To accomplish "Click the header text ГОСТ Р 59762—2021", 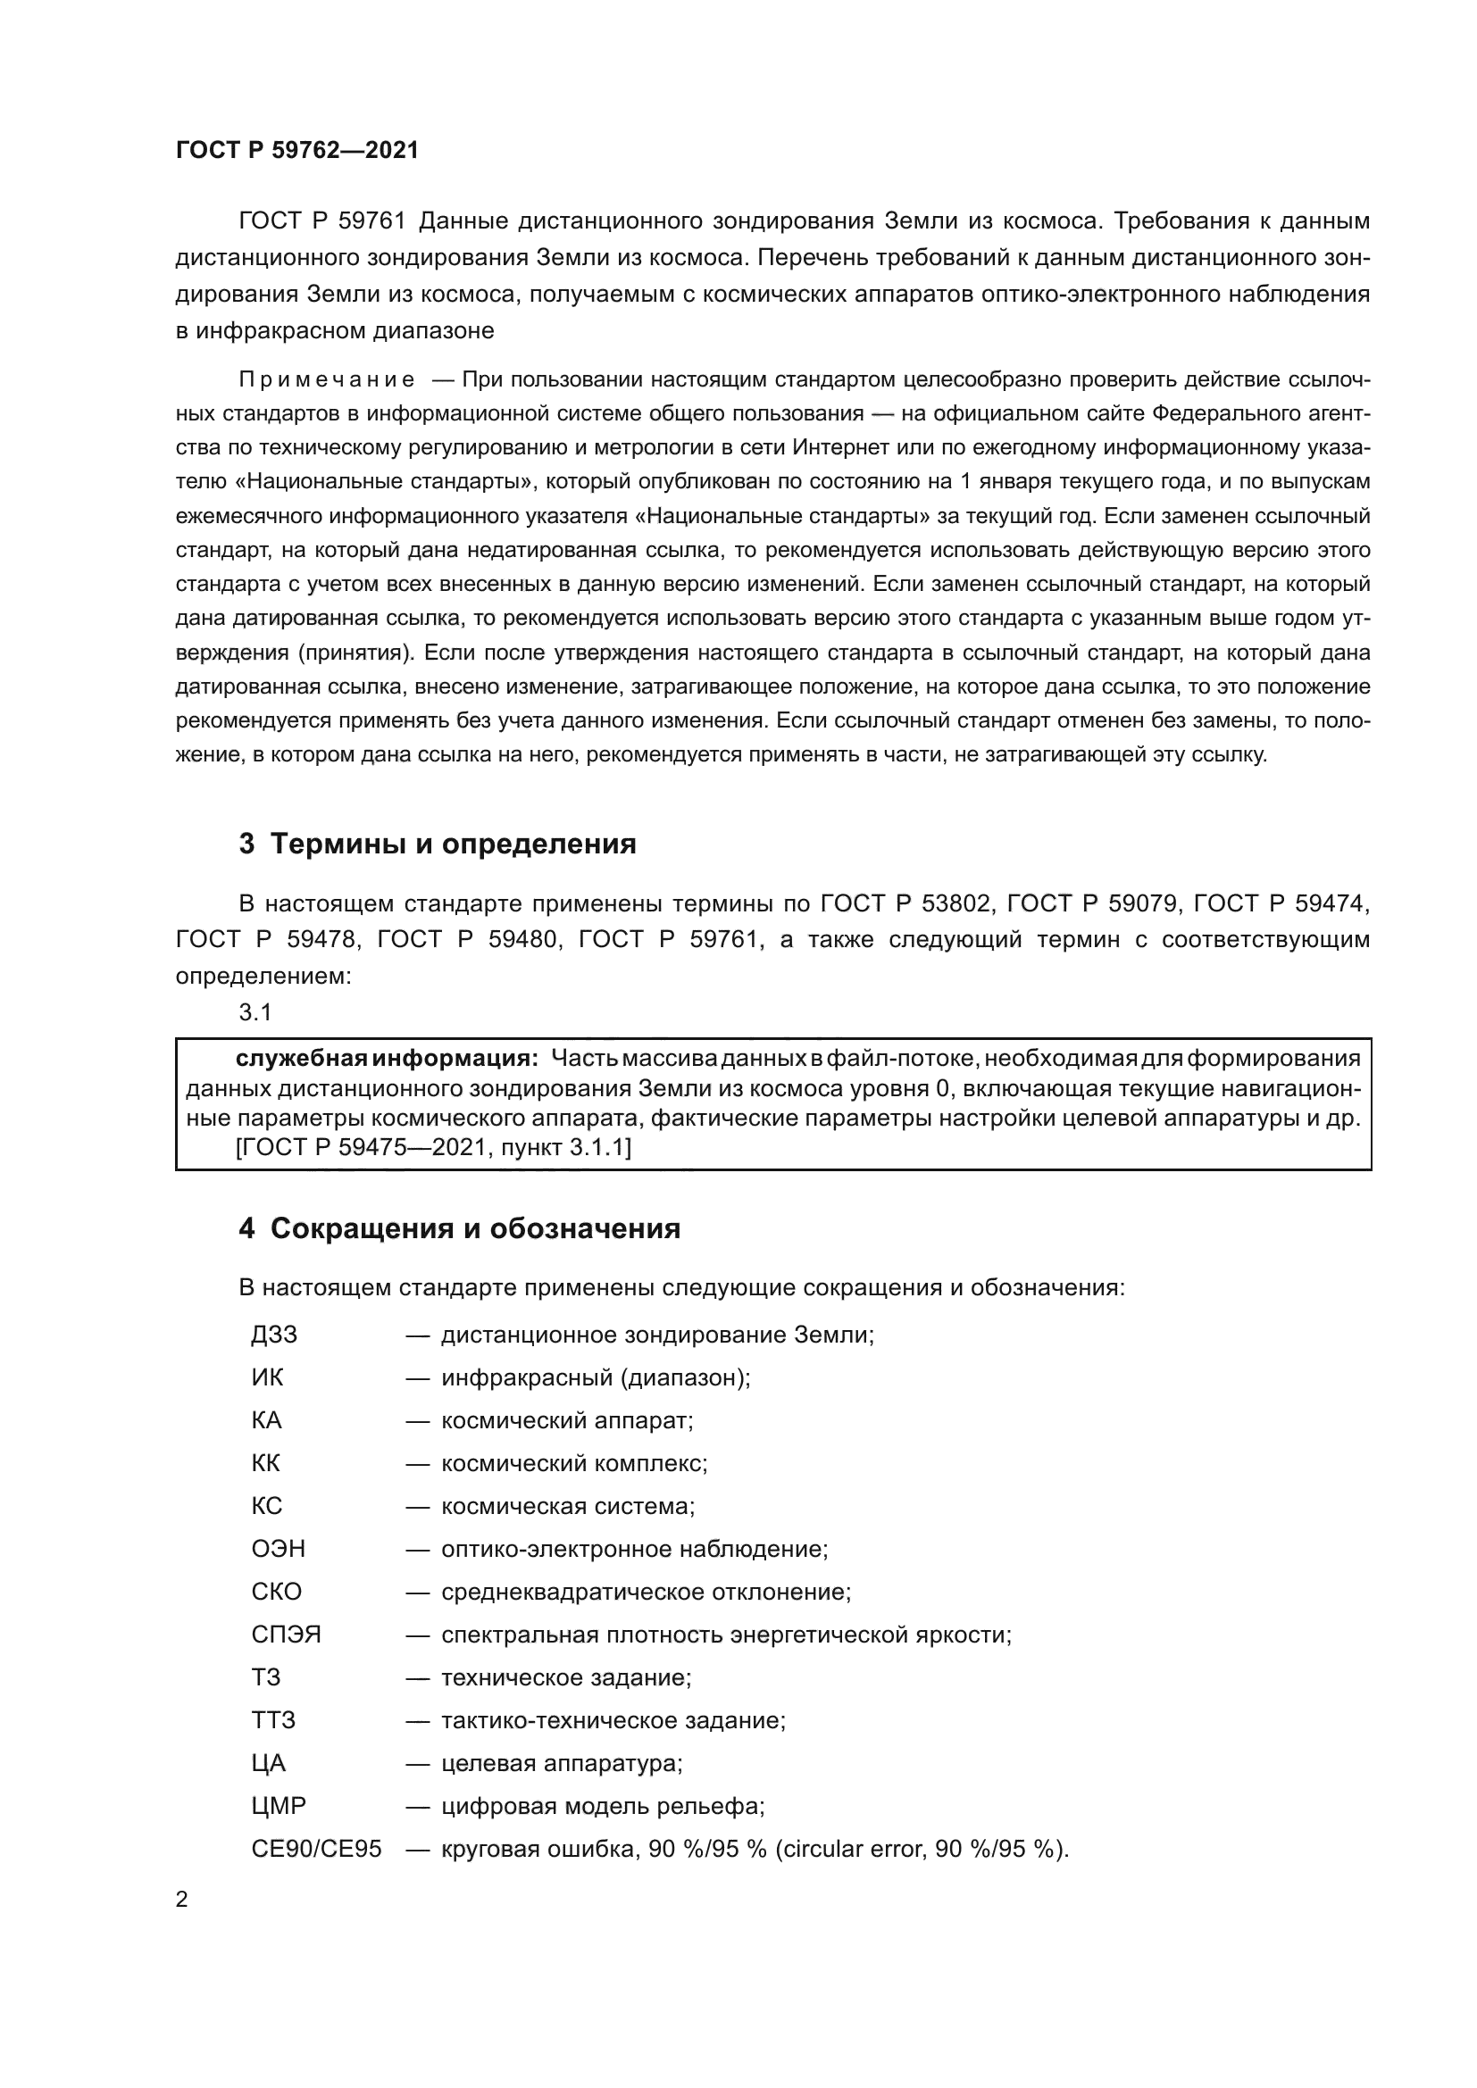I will tap(297, 150).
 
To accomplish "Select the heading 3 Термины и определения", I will tap(438, 844).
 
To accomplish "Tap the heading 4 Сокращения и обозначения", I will tap(459, 1228).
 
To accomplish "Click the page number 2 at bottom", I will tap(182, 1900).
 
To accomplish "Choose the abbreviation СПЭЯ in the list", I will tap(286, 1635).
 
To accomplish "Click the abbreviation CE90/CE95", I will tap(316, 1849).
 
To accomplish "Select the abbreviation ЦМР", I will tap(279, 1806).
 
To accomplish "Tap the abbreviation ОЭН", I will tap(279, 1549).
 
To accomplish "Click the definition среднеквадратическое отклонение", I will tap(645, 1593).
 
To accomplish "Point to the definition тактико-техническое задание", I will tap(612, 1720).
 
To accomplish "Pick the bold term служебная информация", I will tap(387, 1059).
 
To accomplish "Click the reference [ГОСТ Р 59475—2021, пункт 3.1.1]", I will tap(433, 1148).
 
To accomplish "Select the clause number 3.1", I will tap(255, 1012).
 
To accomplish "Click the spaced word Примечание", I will tap(327, 380).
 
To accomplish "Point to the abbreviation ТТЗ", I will tap(273, 1720).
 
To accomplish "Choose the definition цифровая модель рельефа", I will tap(601, 1806).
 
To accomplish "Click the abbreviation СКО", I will tap(277, 1593).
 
